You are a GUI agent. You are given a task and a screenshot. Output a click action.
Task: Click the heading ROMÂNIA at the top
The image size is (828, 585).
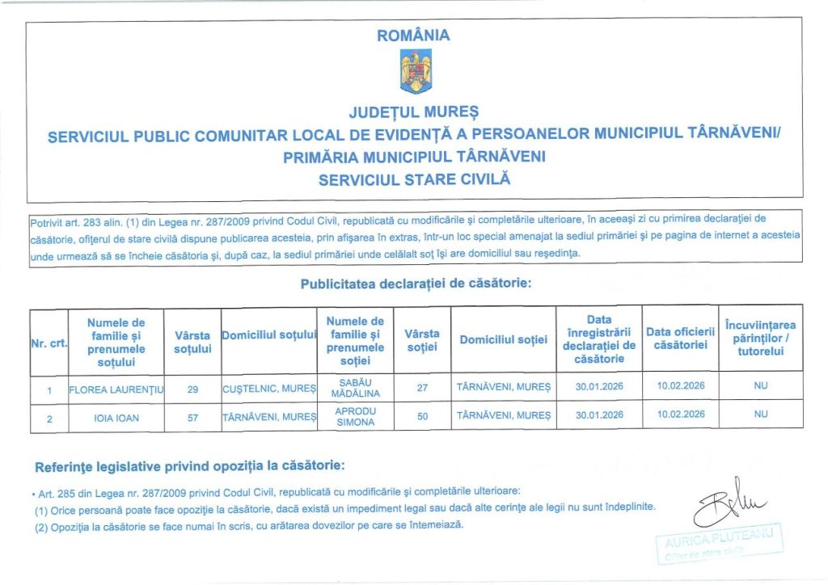[414, 36]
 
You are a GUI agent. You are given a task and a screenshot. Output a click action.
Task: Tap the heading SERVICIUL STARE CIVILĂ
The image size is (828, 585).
[414, 179]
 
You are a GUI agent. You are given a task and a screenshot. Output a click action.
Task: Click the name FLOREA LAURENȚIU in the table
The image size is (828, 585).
[117, 388]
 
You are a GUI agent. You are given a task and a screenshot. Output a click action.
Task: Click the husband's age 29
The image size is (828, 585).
[192, 389]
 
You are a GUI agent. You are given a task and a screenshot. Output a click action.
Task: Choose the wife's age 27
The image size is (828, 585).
[422, 388]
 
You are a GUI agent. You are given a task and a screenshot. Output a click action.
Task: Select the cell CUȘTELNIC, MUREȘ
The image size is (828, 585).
[268, 389]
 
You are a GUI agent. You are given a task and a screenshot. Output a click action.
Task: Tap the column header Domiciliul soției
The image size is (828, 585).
[503, 340]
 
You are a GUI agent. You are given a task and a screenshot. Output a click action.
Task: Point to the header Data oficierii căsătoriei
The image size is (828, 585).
[680, 339]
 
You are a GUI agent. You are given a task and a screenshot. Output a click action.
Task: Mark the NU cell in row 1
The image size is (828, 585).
[760, 386]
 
